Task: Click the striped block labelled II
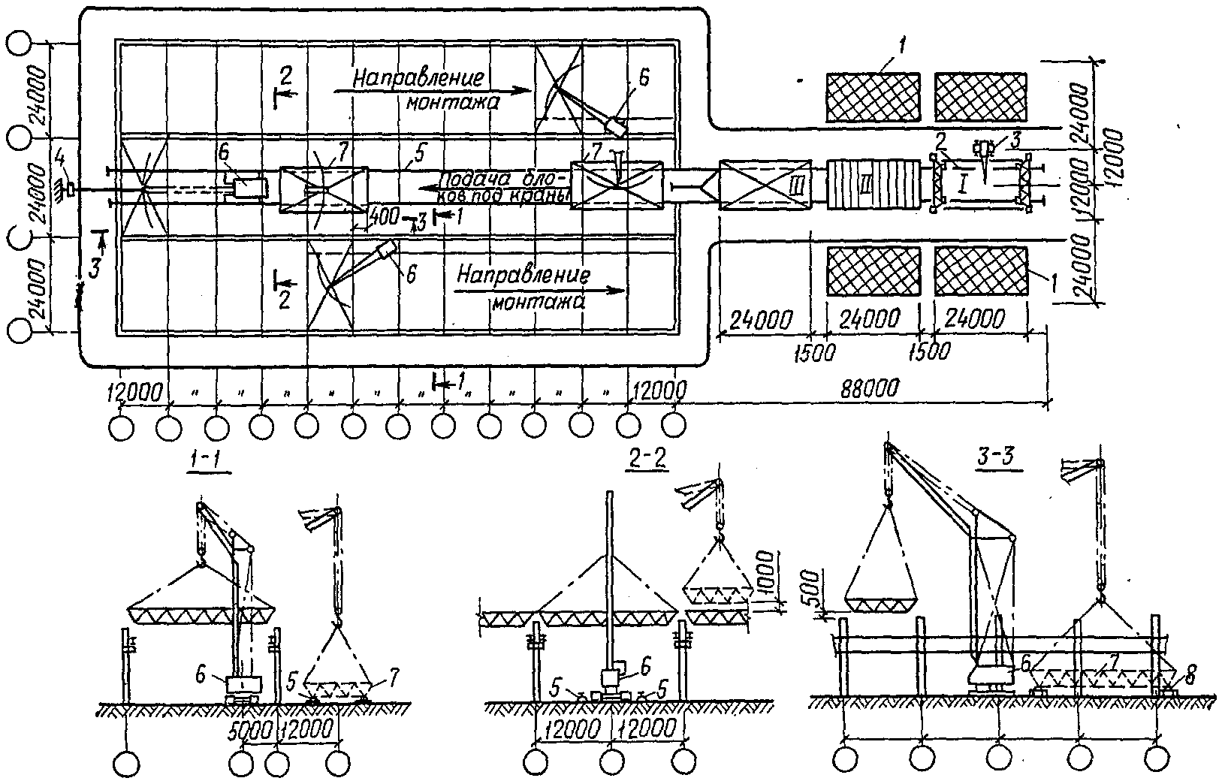(x=873, y=182)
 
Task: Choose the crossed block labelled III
(x=765, y=184)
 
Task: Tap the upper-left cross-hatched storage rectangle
(x=874, y=97)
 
